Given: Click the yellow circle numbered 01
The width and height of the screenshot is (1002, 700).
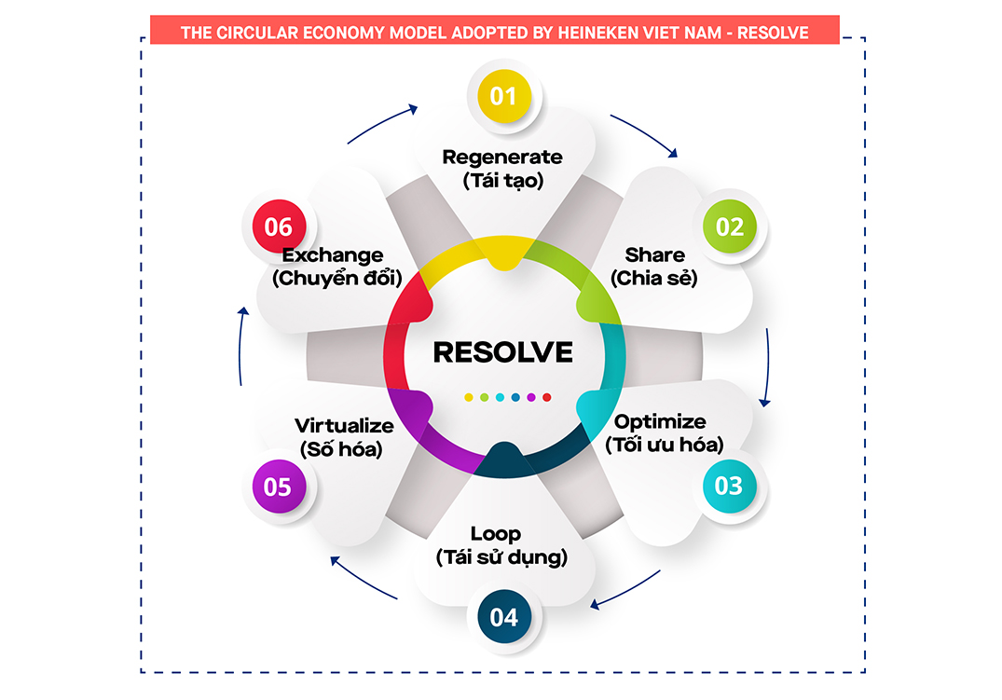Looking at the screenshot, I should pyautogui.click(x=503, y=96).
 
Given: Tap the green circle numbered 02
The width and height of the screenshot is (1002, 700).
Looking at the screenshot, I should pyautogui.click(x=729, y=226).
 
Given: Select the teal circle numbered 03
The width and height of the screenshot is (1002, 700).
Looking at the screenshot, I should pyautogui.click(x=729, y=486).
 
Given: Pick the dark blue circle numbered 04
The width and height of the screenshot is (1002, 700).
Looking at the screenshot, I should pyautogui.click(x=503, y=616).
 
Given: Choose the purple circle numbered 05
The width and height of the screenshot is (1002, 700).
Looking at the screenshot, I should pyautogui.click(x=278, y=487).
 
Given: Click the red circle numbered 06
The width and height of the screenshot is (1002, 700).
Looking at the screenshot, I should pyautogui.click(x=278, y=226).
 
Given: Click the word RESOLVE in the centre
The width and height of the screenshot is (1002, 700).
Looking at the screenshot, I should pyautogui.click(x=503, y=351).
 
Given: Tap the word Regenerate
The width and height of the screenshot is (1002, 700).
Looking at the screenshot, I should pyautogui.click(x=502, y=157).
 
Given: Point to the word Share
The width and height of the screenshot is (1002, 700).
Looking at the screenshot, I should pyautogui.click(x=654, y=254).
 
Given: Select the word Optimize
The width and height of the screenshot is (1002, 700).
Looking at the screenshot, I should pyautogui.click(x=660, y=421).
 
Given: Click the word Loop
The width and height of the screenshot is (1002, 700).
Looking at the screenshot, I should pyautogui.click(x=496, y=534).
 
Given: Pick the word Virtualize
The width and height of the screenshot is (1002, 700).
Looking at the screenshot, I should pyautogui.click(x=344, y=426).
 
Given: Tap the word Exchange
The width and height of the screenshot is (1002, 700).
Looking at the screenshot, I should pyautogui.click(x=333, y=254).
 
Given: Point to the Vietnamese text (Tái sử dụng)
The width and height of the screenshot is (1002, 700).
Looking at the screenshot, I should pyautogui.click(x=501, y=557).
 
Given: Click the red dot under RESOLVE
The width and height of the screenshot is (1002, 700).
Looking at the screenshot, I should pyautogui.click(x=547, y=397).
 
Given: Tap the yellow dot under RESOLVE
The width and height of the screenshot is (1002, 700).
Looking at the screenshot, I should pyautogui.click(x=469, y=397).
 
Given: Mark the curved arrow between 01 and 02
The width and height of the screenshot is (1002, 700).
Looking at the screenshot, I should pyautogui.click(x=646, y=134).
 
